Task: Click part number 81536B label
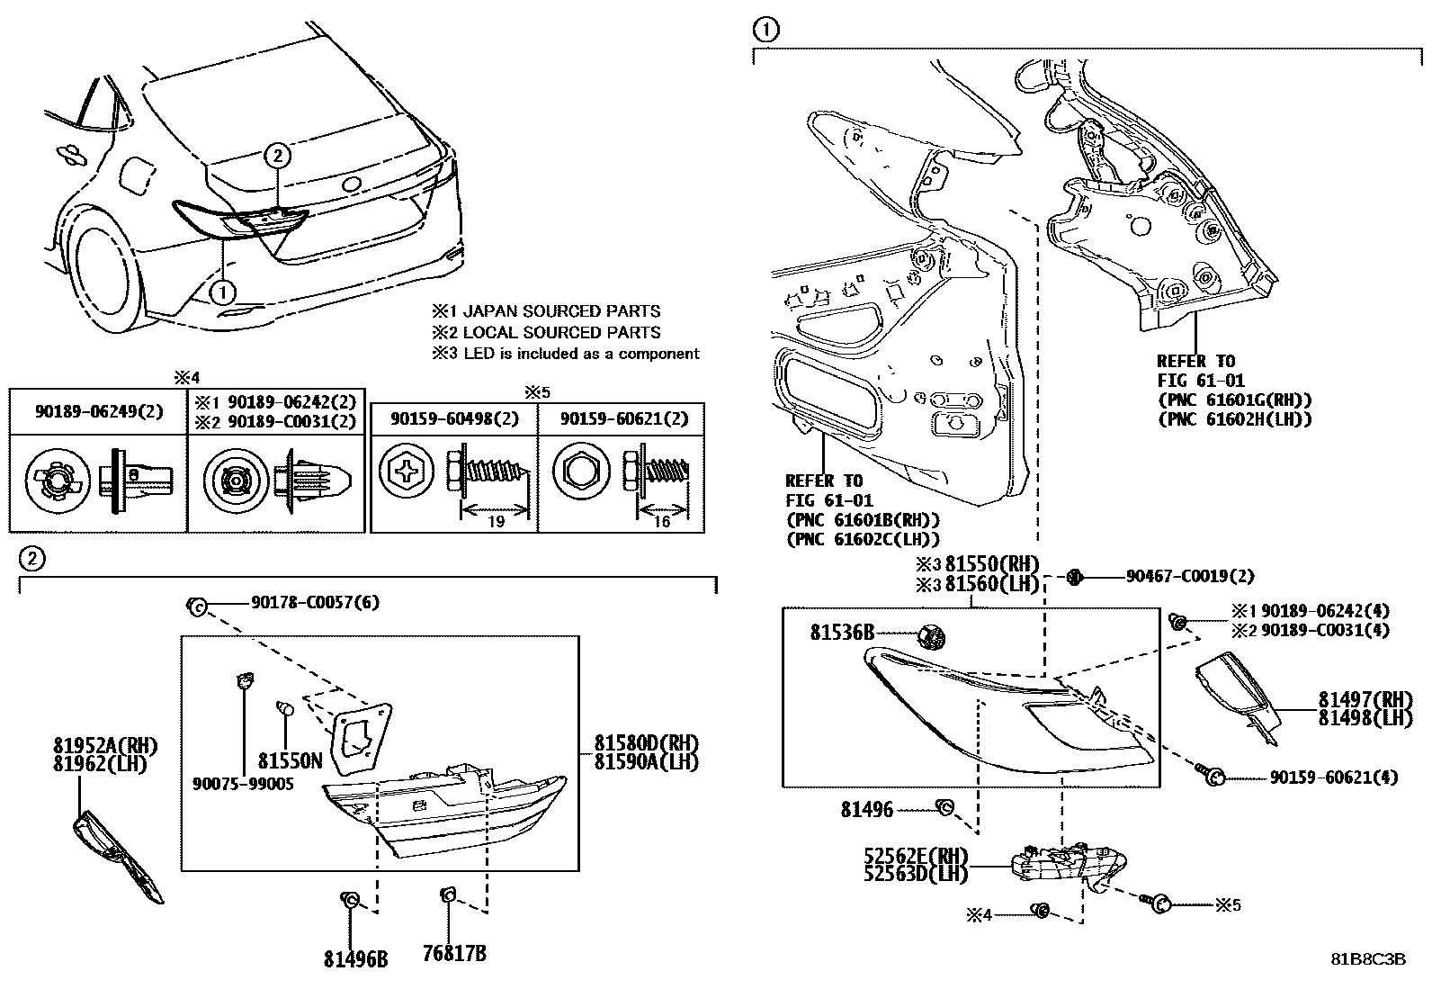click(x=841, y=634)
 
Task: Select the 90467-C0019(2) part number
click(x=1189, y=576)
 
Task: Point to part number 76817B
click(x=454, y=954)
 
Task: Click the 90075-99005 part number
click(x=243, y=785)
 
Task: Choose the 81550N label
click(x=290, y=760)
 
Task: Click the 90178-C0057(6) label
click(x=301, y=602)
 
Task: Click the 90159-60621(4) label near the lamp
click(x=1333, y=777)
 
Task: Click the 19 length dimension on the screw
click(x=496, y=522)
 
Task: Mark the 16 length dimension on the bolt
click(x=661, y=522)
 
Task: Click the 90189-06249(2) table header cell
click(x=99, y=411)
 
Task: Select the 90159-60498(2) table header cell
click(x=454, y=418)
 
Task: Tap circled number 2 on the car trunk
click(x=278, y=156)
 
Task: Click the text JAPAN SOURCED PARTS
click(x=562, y=311)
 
